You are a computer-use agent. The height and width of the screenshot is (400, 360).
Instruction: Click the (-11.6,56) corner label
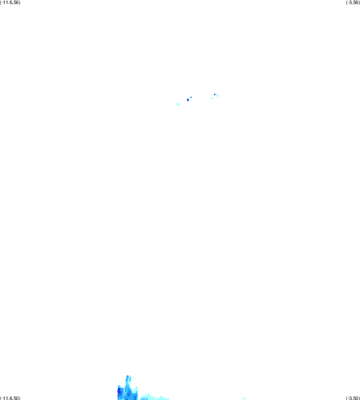pos(10,2)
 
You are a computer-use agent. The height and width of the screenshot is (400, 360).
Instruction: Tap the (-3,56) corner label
pos(353,2)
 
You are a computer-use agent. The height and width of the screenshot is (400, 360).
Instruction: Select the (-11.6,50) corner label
pos(10,398)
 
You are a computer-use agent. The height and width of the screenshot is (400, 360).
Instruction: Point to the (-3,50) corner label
pos(353,398)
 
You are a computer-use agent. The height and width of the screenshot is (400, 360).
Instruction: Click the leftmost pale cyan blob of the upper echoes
pos(178,105)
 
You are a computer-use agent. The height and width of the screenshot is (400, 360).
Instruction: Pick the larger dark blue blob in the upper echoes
pos(188,100)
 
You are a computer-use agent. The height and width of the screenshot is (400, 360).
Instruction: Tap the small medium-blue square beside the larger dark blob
pos(191,97)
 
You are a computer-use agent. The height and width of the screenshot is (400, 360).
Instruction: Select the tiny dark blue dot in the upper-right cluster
pos(215,94)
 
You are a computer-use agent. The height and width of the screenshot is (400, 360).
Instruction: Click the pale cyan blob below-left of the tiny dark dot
pos(212,98)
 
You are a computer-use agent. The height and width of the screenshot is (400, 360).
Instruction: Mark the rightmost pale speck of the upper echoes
pos(219,96)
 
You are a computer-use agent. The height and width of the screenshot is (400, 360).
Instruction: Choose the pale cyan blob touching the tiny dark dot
pos(216,94)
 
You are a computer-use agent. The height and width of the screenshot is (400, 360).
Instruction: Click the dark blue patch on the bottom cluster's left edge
pos(119,391)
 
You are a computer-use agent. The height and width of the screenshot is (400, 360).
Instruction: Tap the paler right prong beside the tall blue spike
pos(130,380)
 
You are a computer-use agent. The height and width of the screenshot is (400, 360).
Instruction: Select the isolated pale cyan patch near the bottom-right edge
pos(244,398)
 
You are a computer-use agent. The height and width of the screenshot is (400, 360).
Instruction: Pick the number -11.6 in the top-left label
pos(7,2)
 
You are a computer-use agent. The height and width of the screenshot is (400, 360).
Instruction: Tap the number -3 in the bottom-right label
pos(350,398)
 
